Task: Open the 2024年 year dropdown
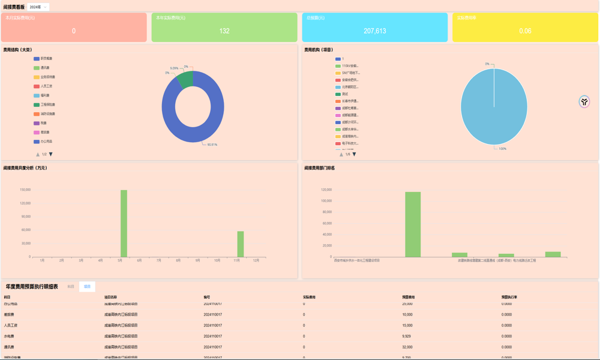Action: pyautogui.click(x=38, y=7)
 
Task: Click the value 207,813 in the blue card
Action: pyautogui.click(x=375, y=31)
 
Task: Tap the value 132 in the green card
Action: pyautogui.click(x=224, y=31)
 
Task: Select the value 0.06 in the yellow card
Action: pyautogui.click(x=525, y=31)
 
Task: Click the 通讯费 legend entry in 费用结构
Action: pyautogui.click(x=45, y=68)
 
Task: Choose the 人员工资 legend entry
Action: pyautogui.click(x=46, y=86)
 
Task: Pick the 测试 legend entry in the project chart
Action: pyautogui.click(x=344, y=94)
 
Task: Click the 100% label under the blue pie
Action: pyautogui.click(x=502, y=149)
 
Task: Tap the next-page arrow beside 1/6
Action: pyautogui.click(x=354, y=154)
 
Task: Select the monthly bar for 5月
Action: pyautogui.click(x=124, y=223)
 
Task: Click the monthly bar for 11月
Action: pyautogui.click(x=241, y=244)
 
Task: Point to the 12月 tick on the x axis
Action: pyautogui.click(x=256, y=260)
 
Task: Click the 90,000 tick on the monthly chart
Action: pyautogui.click(x=25, y=217)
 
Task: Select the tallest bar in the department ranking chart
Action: pyautogui.click(x=413, y=224)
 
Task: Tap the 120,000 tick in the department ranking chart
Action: pyautogui.click(x=326, y=190)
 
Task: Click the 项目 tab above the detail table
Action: pyautogui.click(x=87, y=287)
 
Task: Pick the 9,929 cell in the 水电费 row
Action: pyautogui.click(x=406, y=336)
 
